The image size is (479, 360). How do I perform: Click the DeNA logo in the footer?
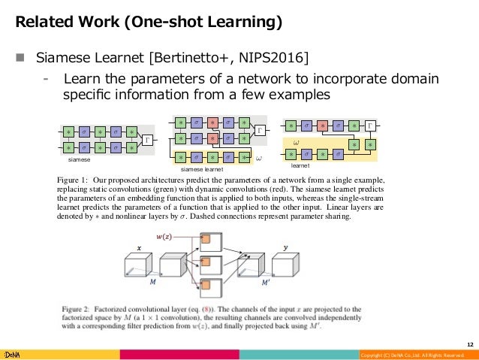(x=13, y=354)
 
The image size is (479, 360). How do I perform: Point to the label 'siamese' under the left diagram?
(x=79, y=160)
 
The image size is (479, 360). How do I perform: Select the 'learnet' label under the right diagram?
(x=301, y=163)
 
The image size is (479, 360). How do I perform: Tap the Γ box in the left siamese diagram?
(x=147, y=140)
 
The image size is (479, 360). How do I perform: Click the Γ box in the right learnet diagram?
(x=370, y=124)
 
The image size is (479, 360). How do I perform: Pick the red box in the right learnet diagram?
(x=322, y=124)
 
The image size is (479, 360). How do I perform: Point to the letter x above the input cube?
(x=139, y=247)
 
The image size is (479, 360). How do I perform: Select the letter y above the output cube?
(x=285, y=247)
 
